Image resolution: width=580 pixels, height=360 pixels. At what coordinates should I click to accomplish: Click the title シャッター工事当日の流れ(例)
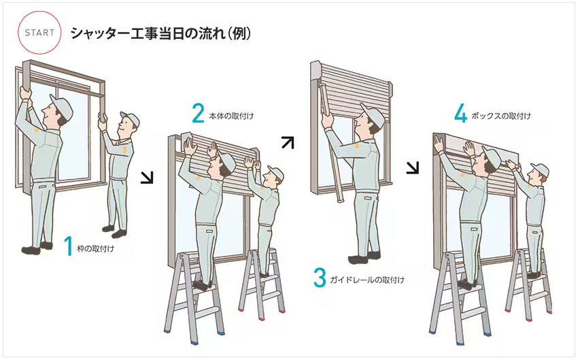point(160,33)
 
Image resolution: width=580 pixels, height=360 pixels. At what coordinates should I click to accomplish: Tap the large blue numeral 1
point(68,246)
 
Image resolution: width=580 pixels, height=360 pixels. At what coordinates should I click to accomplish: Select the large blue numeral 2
point(199,113)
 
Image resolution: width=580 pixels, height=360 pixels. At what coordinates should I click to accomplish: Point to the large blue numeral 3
point(320,278)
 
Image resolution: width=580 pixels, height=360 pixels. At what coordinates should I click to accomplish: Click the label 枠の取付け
point(95,249)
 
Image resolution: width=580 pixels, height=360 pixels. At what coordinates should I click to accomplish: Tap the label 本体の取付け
point(232,116)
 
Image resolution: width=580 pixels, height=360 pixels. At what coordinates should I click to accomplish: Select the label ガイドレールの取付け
point(367,280)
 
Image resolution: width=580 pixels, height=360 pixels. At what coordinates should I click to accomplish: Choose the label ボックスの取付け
point(501,116)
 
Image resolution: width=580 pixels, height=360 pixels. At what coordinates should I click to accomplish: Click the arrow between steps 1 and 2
point(148,178)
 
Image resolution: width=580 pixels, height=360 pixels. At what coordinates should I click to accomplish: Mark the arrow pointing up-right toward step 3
point(288,143)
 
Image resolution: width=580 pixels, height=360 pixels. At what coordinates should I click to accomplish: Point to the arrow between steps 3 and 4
point(413,167)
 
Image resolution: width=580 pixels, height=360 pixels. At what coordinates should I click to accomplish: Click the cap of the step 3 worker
point(373,112)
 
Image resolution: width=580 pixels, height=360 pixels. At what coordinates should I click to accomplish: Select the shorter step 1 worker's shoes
point(114,231)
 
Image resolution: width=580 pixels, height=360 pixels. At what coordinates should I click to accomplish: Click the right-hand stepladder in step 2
point(262,283)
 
